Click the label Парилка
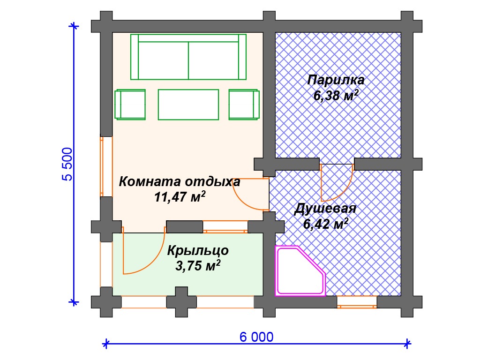[x=336, y=80]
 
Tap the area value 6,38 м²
[x=336, y=96]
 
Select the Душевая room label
[x=325, y=209]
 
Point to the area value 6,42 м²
[x=326, y=224]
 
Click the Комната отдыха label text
[x=180, y=181]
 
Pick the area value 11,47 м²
[x=180, y=197]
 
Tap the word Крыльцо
[x=198, y=250]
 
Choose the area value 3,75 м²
[x=198, y=265]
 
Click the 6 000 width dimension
[x=256, y=337]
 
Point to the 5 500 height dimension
[x=67, y=165]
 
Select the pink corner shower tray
[x=300, y=271]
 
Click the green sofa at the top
[x=188, y=57]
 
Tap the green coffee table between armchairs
[x=188, y=105]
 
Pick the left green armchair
[x=130, y=105]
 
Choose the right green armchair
[x=244, y=105]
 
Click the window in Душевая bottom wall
[x=357, y=302]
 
